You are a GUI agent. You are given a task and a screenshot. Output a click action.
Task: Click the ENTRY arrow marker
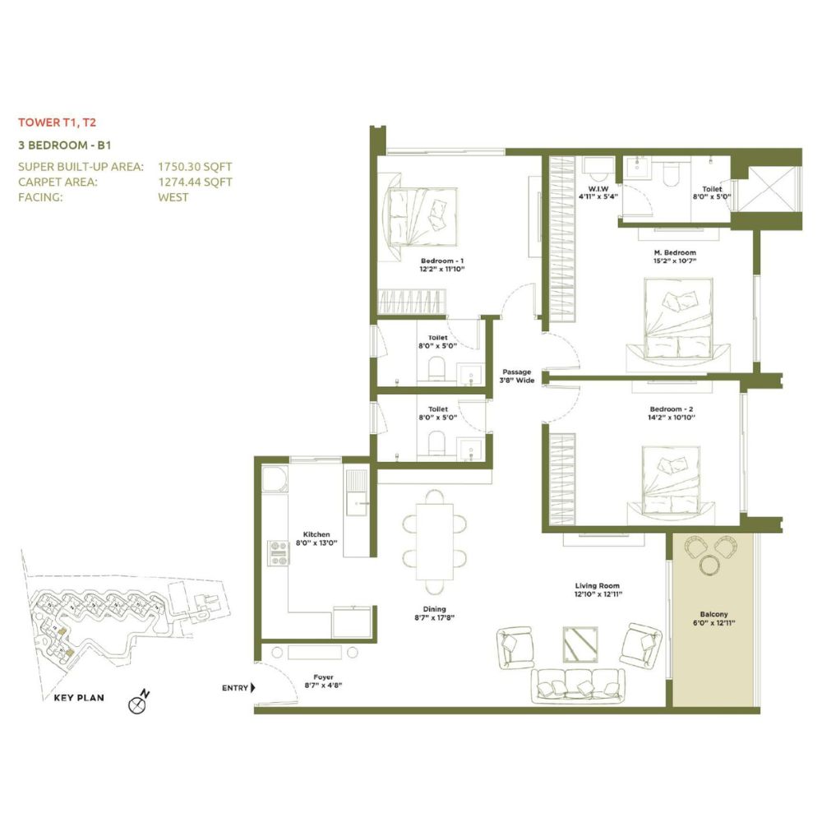point(252,687)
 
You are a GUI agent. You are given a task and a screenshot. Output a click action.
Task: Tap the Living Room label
point(597,585)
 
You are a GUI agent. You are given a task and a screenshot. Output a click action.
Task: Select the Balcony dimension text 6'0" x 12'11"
point(713,623)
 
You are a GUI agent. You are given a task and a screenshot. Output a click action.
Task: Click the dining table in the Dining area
point(435,542)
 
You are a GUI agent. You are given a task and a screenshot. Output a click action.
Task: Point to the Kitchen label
point(316,534)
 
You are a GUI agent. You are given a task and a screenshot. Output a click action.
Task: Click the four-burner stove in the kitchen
point(278,553)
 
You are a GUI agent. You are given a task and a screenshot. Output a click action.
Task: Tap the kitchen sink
point(357,492)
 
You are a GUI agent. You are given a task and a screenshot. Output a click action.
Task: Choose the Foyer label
point(323,677)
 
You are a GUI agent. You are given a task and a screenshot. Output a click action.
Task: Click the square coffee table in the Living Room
point(580,644)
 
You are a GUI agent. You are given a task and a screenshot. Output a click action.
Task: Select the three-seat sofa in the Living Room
point(578,686)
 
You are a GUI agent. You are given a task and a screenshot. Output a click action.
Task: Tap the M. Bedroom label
point(675,252)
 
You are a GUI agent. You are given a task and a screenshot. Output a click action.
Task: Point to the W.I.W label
point(598,189)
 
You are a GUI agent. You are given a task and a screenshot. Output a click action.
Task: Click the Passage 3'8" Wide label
point(517,376)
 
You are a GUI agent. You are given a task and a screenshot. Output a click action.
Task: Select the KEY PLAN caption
point(79,698)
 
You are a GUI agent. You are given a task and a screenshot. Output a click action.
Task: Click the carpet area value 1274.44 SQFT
point(195,182)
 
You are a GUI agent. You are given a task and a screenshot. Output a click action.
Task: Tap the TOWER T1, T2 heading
point(58,122)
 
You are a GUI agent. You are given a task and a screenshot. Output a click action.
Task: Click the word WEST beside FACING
point(173,197)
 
